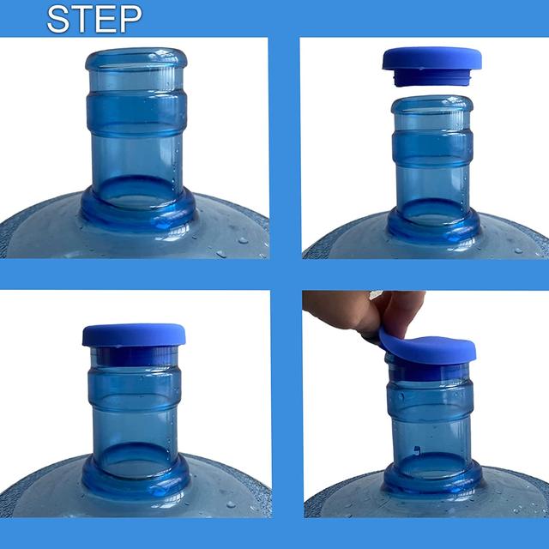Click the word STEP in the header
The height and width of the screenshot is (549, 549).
click(94, 19)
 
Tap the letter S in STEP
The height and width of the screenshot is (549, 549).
click(57, 19)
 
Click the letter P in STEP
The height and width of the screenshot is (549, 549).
click(131, 19)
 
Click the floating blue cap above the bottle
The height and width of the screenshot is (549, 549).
click(431, 58)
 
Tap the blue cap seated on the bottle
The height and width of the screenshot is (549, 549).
click(134, 335)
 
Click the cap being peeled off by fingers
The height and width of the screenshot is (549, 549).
click(427, 349)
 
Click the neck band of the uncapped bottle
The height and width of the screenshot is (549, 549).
click(136, 113)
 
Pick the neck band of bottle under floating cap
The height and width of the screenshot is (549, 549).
click(432, 147)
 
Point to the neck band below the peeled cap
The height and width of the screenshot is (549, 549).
click(431, 397)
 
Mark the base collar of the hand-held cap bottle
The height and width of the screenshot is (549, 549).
click(432, 477)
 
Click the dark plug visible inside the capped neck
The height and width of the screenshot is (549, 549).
click(135, 357)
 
